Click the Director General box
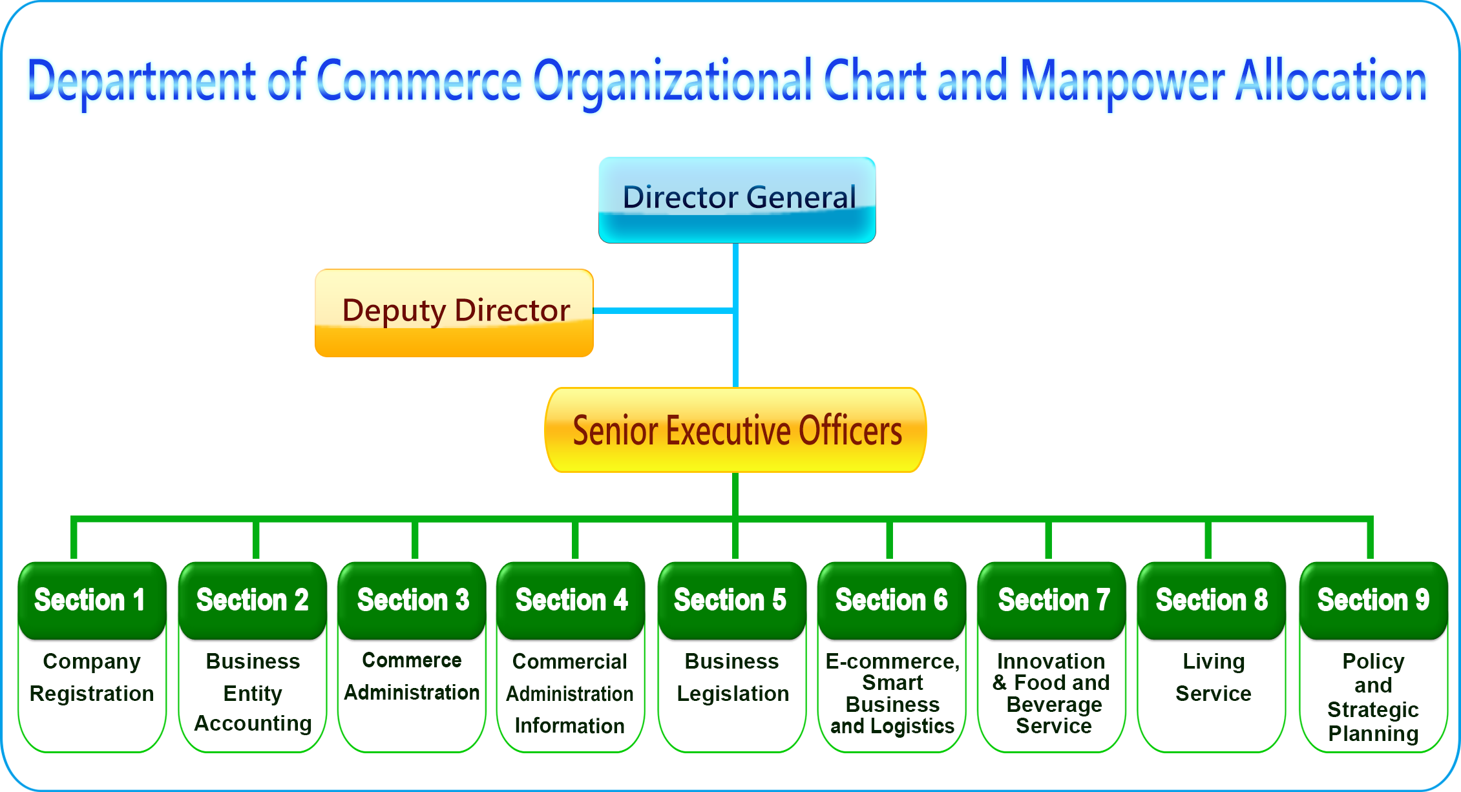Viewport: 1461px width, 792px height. coord(737,200)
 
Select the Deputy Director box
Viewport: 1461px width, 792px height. coord(454,313)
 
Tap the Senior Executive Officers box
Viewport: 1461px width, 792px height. coord(736,430)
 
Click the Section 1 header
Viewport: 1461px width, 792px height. coord(92,600)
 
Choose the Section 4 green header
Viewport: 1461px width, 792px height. coord(571,600)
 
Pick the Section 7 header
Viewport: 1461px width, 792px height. coord(1052,600)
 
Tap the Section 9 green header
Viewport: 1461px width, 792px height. coord(1373,600)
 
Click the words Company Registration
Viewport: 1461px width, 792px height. coord(92,677)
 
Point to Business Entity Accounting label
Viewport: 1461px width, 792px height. coord(253,692)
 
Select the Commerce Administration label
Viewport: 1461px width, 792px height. coord(412,676)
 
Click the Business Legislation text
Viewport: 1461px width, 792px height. coord(733,677)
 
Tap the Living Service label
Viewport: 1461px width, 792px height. coord(1214,677)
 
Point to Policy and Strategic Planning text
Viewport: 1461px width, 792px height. coord(1373,698)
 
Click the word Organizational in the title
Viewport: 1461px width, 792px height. coord(673,82)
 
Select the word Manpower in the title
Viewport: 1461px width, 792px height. coord(1122,82)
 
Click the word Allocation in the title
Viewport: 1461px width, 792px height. coord(1331,80)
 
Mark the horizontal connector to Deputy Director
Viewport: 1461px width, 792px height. coord(663,311)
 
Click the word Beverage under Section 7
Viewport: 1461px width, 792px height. coord(1054,705)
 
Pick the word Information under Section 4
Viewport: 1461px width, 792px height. coord(569,725)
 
